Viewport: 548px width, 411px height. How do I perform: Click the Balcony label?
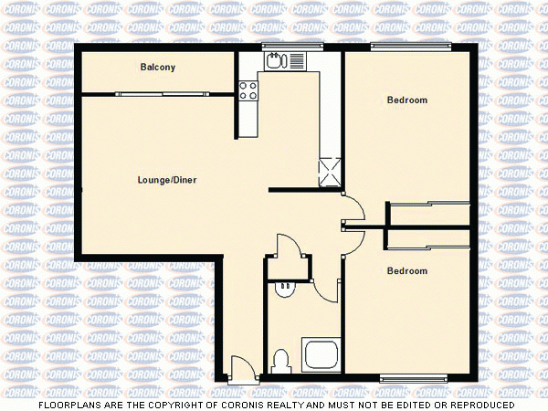pyautogui.click(x=157, y=68)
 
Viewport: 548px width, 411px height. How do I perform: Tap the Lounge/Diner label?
pyautogui.click(x=167, y=180)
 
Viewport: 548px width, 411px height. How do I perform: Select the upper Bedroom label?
pyautogui.click(x=406, y=100)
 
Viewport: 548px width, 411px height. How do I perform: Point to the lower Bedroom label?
pyautogui.click(x=406, y=270)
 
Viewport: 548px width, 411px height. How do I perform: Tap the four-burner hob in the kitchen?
pyautogui.click(x=248, y=90)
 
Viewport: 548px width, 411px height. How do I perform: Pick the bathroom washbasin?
pyautogui.click(x=285, y=286)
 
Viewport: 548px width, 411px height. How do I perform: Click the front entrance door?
pyautogui.click(x=242, y=368)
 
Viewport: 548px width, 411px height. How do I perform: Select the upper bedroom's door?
pyautogui.click(x=354, y=208)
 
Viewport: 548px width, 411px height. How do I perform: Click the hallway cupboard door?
pyautogui.click(x=290, y=247)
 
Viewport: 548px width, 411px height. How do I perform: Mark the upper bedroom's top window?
pyautogui.click(x=410, y=46)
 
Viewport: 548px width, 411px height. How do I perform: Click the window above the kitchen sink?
pyautogui.click(x=292, y=46)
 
